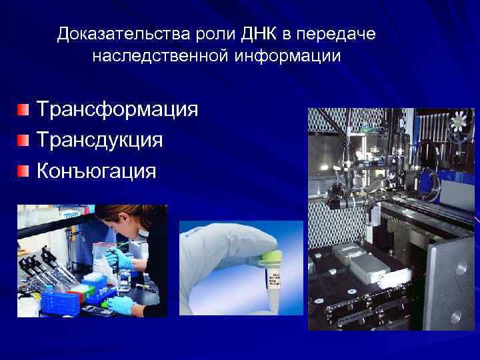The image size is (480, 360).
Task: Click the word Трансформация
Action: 117,109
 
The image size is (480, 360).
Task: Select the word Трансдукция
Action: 99,140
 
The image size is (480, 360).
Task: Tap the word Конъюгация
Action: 96,171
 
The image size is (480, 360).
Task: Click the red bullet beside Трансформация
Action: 24,109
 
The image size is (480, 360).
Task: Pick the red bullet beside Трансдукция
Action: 24,140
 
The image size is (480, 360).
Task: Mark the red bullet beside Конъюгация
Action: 24,171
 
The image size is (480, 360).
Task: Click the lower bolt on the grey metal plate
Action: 460,313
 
